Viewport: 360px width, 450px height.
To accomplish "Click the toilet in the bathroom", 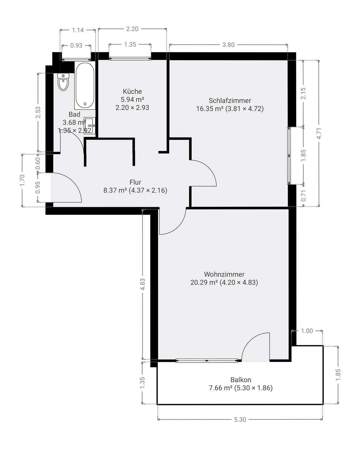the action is tap(63, 82).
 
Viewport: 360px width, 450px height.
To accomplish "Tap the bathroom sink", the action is tap(89, 125).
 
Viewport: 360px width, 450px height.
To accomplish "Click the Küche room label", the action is tap(132, 91).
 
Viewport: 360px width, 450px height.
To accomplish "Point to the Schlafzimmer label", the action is tap(230, 101).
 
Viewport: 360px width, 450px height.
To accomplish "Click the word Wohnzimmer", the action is tap(224, 274).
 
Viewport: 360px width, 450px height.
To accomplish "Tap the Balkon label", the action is tap(241, 379).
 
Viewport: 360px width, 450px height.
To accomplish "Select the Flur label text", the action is tap(135, 182).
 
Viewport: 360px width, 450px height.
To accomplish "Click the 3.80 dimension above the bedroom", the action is tap(228, 45).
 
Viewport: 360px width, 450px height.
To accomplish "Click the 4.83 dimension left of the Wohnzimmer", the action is tap(142, 284).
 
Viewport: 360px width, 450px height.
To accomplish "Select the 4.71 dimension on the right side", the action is tap(319, 133).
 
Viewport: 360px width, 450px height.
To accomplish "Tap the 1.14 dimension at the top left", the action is tap(78, 30).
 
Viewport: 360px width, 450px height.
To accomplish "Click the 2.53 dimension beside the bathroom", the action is tap(38, 112).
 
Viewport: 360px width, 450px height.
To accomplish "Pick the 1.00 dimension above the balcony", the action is tap(307, 331).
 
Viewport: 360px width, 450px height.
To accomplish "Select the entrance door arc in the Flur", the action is tap(72, 182).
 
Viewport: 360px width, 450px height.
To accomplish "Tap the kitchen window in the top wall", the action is tap(130, 59).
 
